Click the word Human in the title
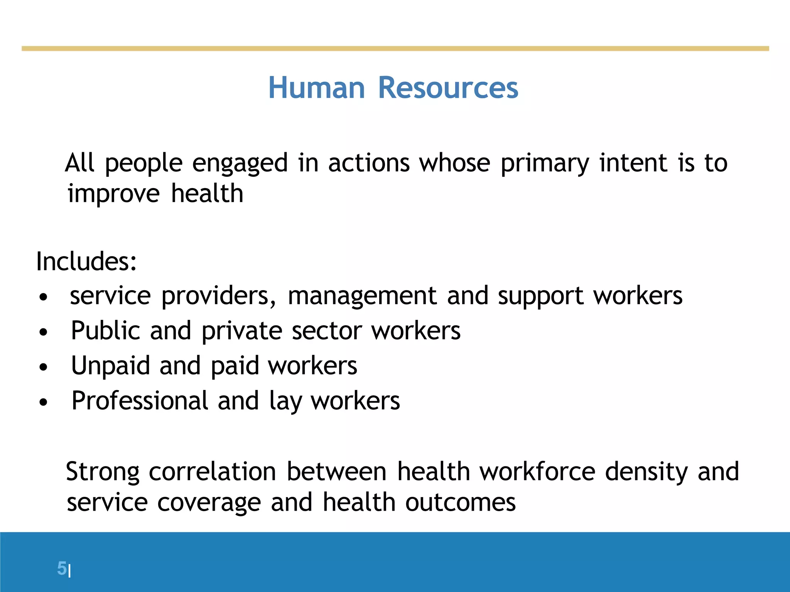[316, 88]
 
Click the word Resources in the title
[448, 88]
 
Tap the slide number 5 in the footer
[62, 568]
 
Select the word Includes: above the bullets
[86, 261]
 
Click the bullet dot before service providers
[44, 297]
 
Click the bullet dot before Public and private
[44, 332]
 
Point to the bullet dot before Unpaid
[44, 367]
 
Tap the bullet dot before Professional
[44, 402]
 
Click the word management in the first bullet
[362, 296]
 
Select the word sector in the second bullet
[326, 331]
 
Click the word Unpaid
[111, 365]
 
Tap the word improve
[113, 194]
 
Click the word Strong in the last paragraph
[103, 472]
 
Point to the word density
[646, 472]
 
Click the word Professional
[140, 401]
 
